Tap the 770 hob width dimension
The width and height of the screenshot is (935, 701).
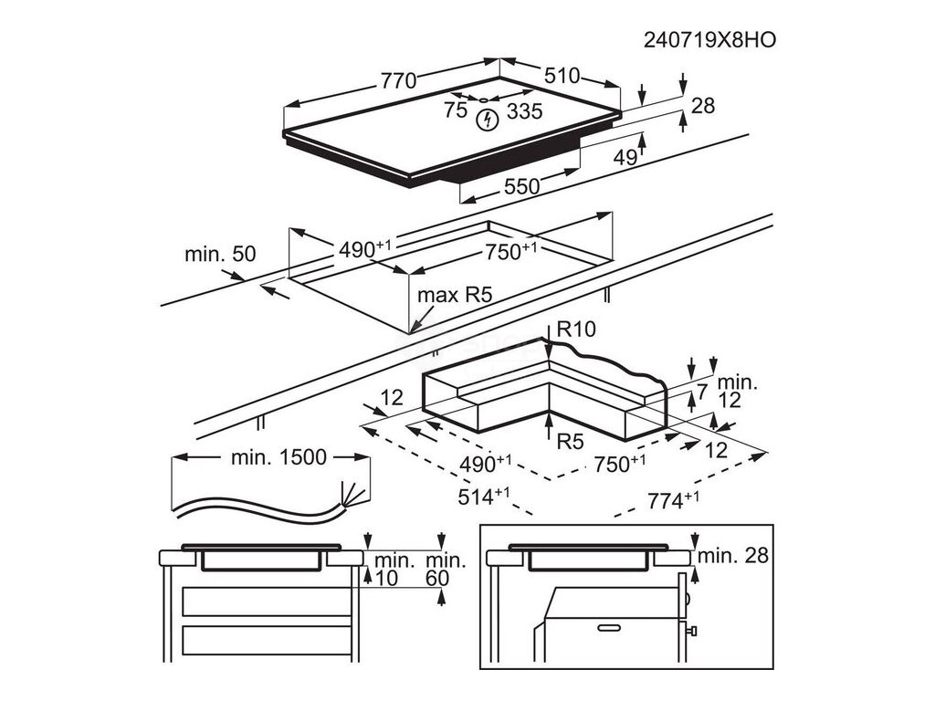399,80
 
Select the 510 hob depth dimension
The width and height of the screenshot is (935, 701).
562,76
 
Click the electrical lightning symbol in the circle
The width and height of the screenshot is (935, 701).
489,119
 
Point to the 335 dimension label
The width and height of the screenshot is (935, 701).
524,111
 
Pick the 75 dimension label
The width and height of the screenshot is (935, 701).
455,110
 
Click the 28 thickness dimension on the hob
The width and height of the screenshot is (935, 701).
702,106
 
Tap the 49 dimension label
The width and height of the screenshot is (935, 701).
625,158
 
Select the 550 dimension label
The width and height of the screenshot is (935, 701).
522,186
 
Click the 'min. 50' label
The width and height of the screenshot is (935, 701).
220,254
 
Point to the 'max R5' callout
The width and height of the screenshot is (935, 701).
455,295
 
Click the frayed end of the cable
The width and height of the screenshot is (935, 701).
352,496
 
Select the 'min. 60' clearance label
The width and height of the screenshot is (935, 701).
446,569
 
